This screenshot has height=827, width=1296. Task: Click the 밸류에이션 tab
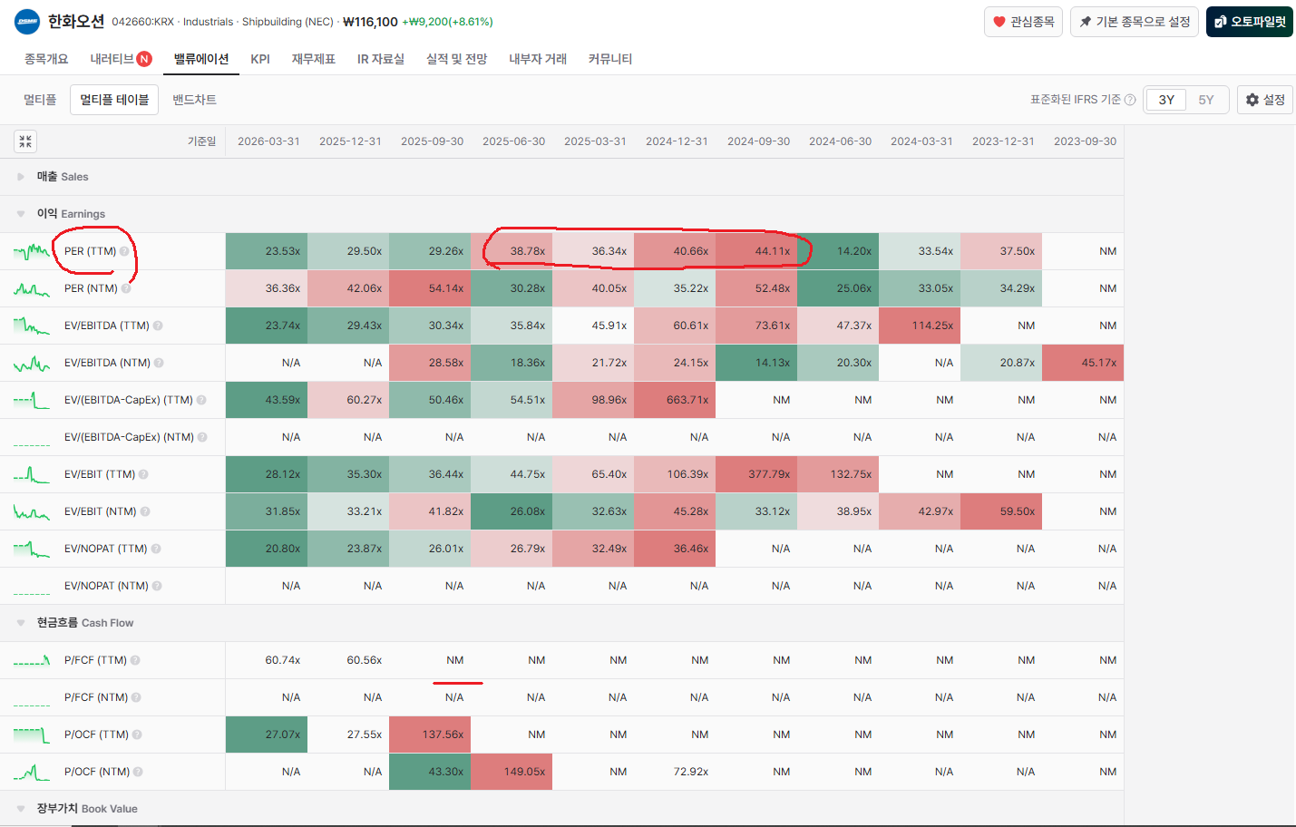click(x=201, y=59)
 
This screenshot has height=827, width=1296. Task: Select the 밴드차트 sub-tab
click(x=194, y=100)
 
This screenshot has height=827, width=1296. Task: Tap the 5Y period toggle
click(x=1205, y=100)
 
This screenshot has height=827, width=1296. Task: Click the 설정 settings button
click(x=1265, y=100)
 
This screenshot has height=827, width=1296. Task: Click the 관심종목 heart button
click(x=1023, y=22)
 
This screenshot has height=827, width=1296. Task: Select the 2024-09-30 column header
click(x=758, y=141)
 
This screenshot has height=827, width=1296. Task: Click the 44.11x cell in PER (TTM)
click(x=756, y=251)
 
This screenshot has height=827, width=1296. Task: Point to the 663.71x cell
click(x=675, y=400)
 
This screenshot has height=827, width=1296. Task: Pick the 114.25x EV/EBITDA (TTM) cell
click(x=920, y=326)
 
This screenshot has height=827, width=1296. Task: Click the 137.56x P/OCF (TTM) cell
click(x=430, y=735)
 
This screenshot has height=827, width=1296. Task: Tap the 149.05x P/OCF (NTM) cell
click(x=512, y=772)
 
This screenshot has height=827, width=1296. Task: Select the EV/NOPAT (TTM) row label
click(x=106, y=549)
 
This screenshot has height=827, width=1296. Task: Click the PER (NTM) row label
click(x=91, y=288)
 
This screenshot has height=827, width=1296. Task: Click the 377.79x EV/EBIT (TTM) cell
click(x=756, y=474)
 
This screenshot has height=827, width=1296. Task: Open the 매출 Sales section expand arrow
click(x=21, y=177)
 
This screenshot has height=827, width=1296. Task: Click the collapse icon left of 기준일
click(x=25, y=141)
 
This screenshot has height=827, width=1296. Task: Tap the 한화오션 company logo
click(x=26, y=22)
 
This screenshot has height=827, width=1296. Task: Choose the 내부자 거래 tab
click(x=538, y=59)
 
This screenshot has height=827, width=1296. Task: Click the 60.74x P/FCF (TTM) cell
click(x=282, y=660)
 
